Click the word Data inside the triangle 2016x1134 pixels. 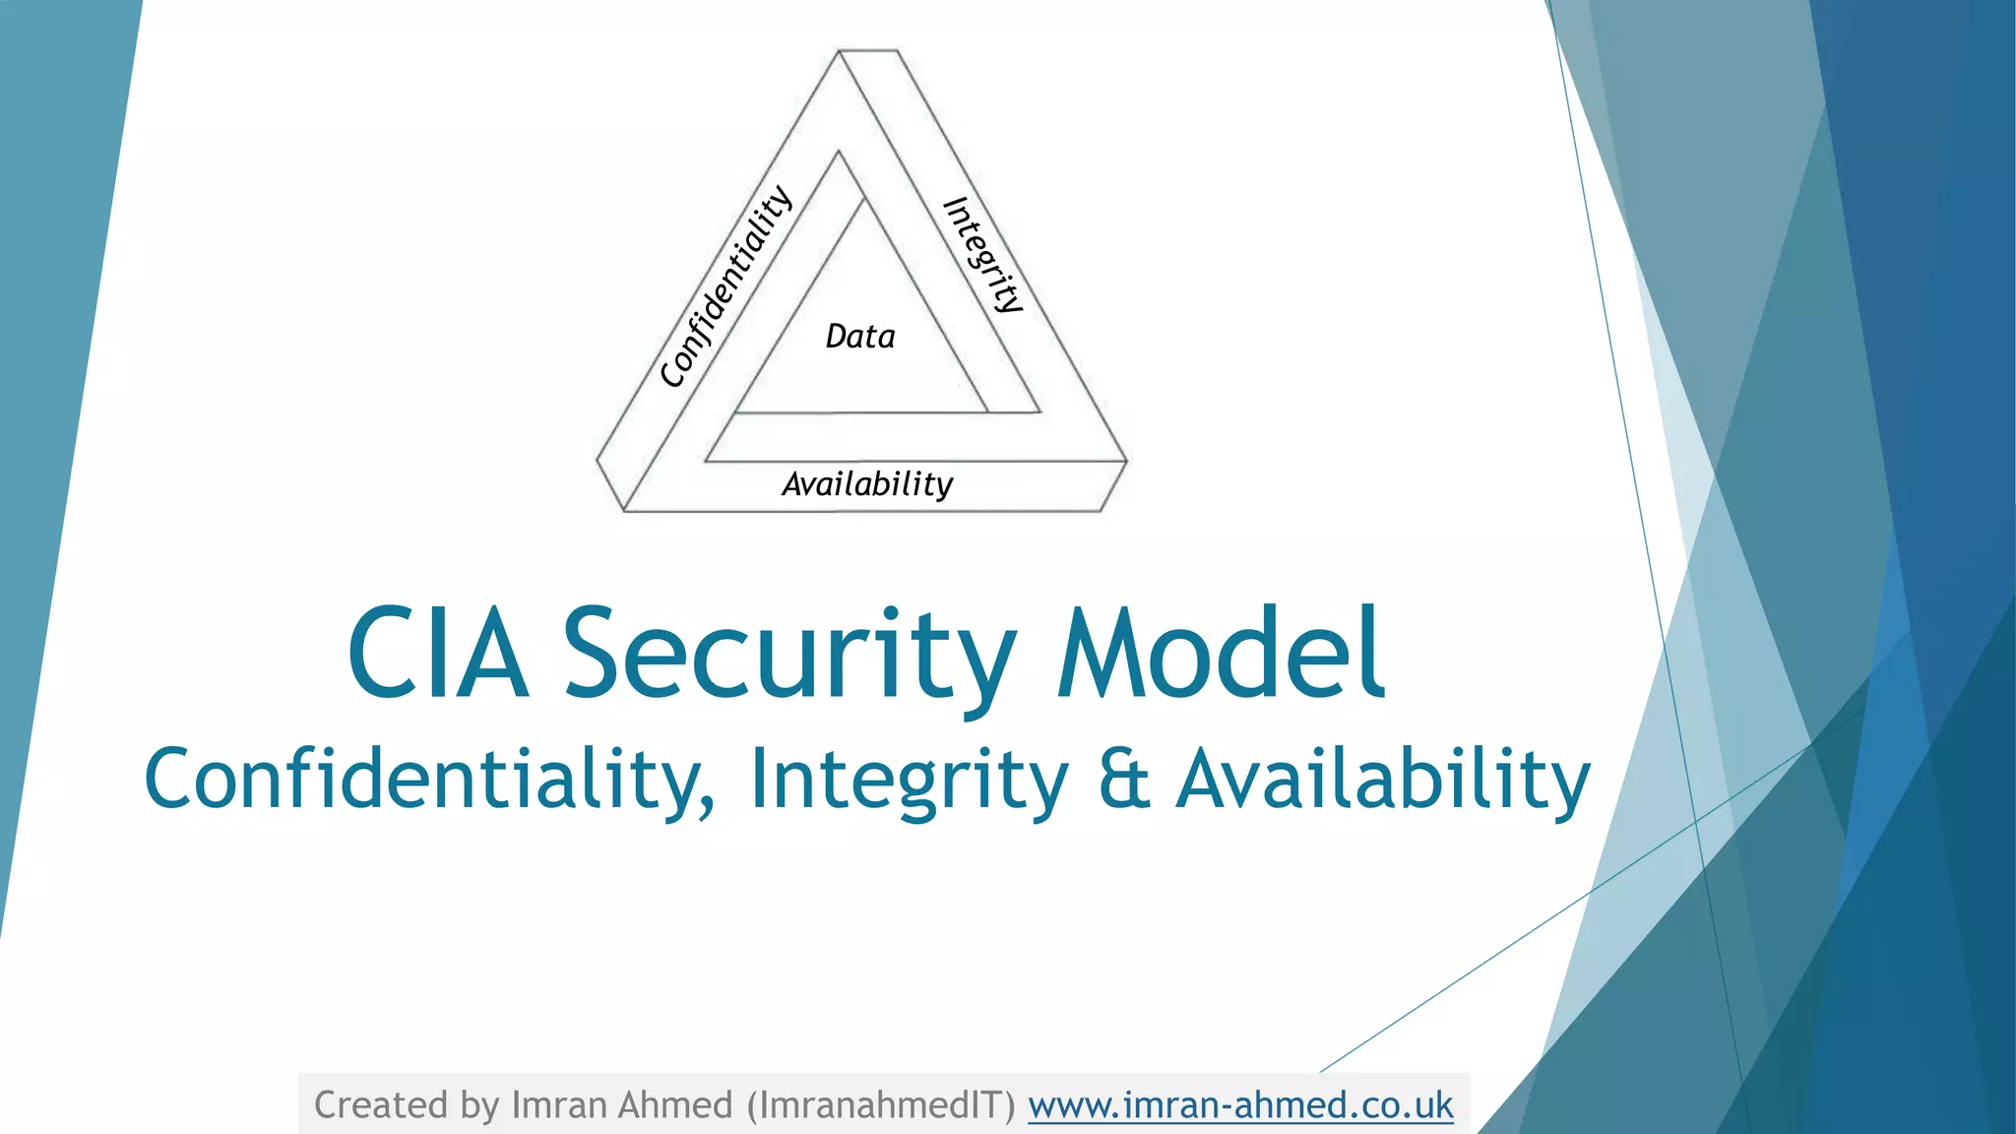click(x=860, y=337)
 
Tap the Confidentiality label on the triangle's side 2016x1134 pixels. click(x=726, y=286)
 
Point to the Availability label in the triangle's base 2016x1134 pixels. click(x=867, y=484)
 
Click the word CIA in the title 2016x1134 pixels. click(x=438, y=655)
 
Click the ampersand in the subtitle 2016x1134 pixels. click(x=1123, y=779)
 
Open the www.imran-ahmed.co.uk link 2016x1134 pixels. click(x=1240, y=1105)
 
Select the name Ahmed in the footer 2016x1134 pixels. click(x=675, y=1105)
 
